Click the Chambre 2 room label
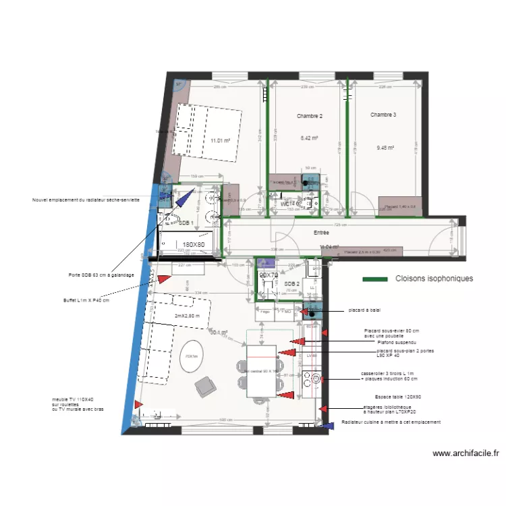point(310,116)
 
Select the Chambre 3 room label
point(383,115)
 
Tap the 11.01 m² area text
point(220,140)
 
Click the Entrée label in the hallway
point(321,232)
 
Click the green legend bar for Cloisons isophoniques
point(375,279)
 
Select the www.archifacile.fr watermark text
point(466,454)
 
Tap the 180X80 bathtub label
point(194,245)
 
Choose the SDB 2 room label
point(292,284)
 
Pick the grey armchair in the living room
point(206,386)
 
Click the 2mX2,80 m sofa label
point(187,316)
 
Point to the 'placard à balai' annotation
point(364,310)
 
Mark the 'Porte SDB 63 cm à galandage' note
point(101,275)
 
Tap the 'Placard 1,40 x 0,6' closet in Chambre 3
point(400,206)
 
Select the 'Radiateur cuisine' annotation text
point(391,422)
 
